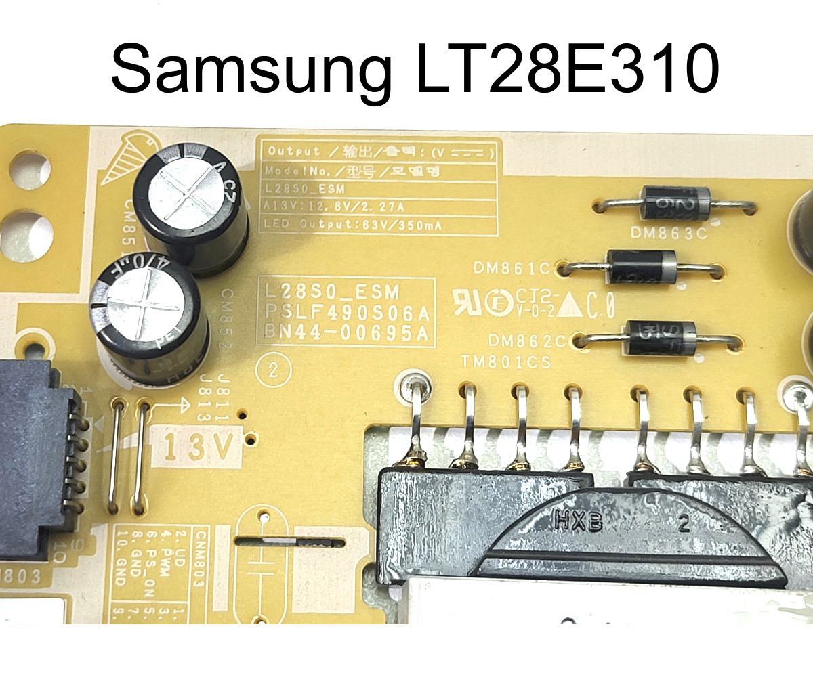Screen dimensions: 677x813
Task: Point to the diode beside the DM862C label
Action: click(x=661, y=336)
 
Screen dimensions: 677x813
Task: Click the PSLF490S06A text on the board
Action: click(x=346, y=312)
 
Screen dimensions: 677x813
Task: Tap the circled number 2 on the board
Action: click(x=274, y=370)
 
